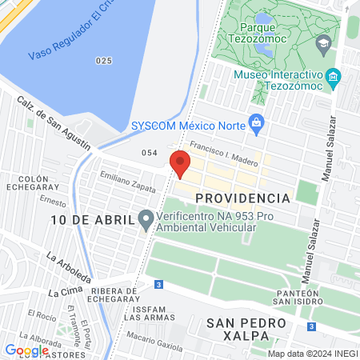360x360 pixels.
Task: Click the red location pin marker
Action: (180, 163)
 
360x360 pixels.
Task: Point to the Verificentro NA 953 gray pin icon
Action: (145, 218)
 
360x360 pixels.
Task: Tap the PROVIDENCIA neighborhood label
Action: (242, 198)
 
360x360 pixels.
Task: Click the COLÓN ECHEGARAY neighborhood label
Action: (23, 183)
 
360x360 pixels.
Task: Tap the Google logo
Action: (26, 350)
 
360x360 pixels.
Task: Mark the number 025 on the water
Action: (102, 60)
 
